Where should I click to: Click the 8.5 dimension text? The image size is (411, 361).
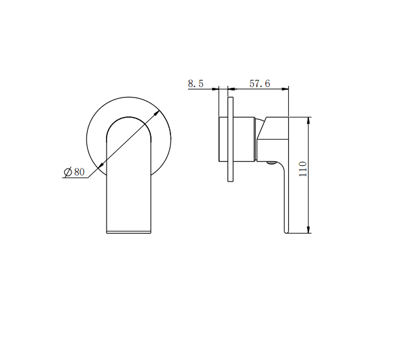point(195,84)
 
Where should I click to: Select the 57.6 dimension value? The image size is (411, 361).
point(259,84)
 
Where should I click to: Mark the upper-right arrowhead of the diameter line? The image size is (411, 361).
point(159,114)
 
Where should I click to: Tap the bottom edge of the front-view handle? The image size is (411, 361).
point(129,232)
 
